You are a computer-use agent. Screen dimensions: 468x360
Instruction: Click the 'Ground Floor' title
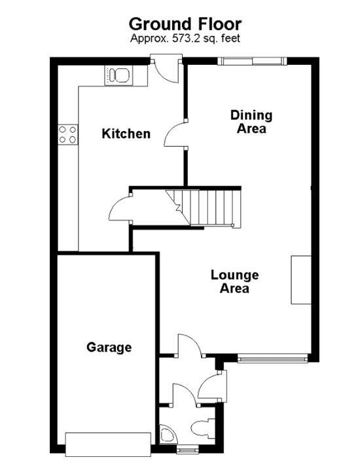185,24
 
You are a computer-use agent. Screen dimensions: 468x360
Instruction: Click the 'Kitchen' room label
126,134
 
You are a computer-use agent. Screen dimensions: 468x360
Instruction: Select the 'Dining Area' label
251,122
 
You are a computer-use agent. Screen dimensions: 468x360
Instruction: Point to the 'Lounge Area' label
234,281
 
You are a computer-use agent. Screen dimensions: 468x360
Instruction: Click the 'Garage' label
109,348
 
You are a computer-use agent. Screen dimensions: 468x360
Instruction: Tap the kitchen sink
119,75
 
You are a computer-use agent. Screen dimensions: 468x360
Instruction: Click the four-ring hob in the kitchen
67,134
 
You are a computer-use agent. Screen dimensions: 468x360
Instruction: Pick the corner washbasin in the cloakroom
166,435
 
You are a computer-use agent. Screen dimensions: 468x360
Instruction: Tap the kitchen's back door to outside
165,71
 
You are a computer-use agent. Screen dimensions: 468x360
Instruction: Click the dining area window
252,62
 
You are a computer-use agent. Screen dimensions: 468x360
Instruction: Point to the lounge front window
272,357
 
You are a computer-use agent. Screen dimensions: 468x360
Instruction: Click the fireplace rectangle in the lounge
301,279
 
